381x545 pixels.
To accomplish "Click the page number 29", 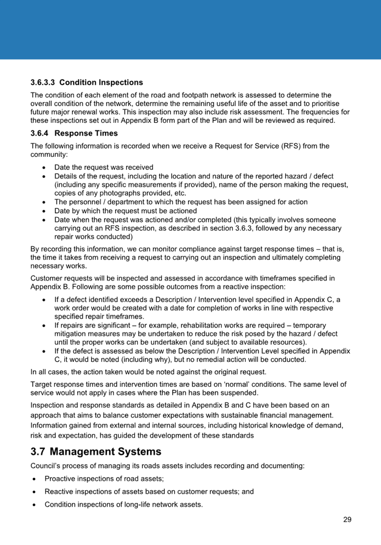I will click(x=347, y=520).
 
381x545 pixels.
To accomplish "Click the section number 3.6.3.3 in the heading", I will click(x=43, y=82).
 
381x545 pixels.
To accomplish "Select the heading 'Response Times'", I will click(x=86, y=133).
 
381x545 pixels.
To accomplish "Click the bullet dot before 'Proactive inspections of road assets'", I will click(x=34, y=479).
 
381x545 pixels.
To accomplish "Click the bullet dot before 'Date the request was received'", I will click(x=44, y=168).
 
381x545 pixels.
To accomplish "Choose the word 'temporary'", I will click(x=309, y=325).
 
